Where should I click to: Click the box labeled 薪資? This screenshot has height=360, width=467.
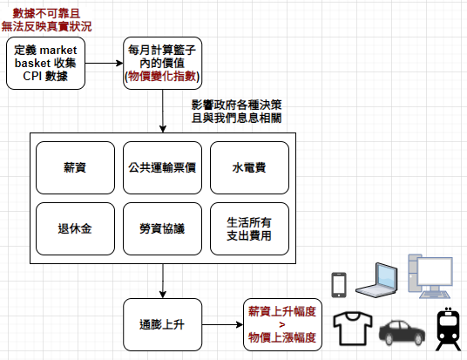coord(75,167)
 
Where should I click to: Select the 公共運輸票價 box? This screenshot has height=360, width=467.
coord(162,167)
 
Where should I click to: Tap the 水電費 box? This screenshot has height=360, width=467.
coord(249,167)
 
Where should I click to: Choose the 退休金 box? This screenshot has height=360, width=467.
coord(75,229)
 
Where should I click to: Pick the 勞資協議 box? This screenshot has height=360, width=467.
coord(162,229)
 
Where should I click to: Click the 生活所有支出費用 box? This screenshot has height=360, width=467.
coord(249,229)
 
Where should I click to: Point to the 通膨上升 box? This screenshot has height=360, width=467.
coord(162,325)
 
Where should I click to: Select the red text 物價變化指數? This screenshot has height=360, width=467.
coord(162,77)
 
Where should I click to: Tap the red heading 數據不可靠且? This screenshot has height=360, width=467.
coord(46,13)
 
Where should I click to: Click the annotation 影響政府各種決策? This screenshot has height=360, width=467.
coord(236,105)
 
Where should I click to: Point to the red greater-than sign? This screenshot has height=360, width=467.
coord(282,324)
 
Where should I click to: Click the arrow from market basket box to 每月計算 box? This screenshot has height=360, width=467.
coord(104,63)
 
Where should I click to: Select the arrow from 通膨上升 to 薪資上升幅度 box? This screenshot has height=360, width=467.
coord(222,325)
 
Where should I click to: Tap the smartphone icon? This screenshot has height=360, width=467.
coord(339,285)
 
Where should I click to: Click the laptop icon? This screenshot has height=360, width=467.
coord(376,280)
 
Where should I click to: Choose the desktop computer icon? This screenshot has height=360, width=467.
coord(430,276)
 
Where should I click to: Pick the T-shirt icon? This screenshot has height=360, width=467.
coord(353,329)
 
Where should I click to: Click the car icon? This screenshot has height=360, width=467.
coord(402,333)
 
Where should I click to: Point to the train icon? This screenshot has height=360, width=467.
coord(448,329)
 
